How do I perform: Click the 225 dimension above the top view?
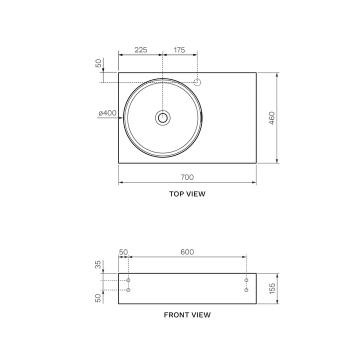point(140,50)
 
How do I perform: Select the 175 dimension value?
point(179,50)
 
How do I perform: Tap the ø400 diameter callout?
point(107,113)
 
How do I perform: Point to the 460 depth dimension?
point(271,118)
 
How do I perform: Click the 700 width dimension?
point(187,177)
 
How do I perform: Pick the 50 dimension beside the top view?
point(98,63)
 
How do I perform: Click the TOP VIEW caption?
point(187,194)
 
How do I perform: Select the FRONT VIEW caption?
point(187,315)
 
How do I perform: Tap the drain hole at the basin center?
point(162,118)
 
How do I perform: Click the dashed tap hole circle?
point(197,82)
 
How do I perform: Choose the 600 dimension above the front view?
point(187,252)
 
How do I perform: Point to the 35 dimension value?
point(98,264)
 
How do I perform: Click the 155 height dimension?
point(271,288)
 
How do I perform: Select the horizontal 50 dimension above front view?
point(123,252)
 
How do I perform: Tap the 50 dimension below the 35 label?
point(98,298)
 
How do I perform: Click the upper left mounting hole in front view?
point(128,280)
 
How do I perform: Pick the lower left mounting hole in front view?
point(128,290)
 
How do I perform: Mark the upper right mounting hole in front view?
point(246,280)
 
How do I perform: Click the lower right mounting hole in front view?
point(246,290)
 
